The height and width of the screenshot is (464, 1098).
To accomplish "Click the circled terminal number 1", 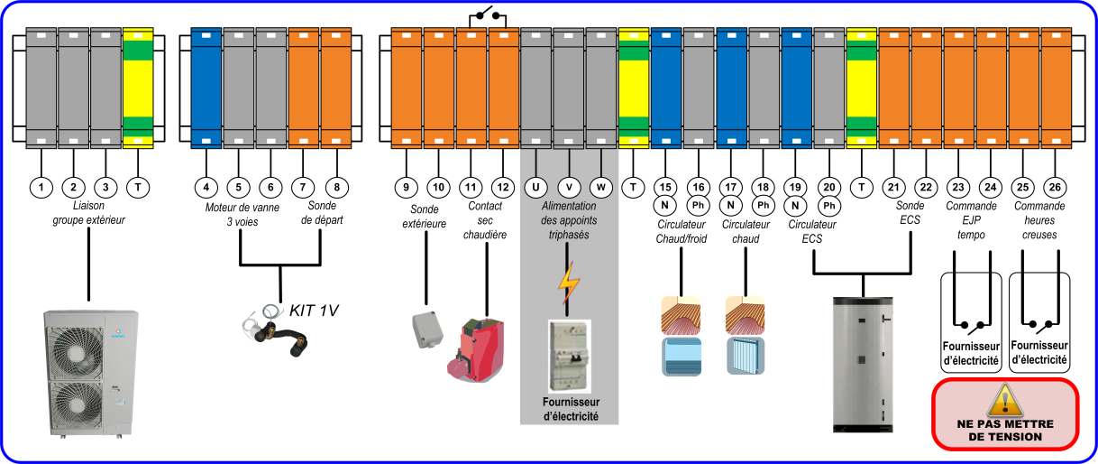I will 41,187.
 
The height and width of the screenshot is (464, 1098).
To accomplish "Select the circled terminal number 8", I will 336,187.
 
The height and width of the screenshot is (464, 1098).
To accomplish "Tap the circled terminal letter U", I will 535,187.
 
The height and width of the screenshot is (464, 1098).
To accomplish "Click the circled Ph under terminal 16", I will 698,206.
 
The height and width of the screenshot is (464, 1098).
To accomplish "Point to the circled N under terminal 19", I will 795,206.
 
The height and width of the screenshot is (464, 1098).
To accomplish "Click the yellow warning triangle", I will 1004,401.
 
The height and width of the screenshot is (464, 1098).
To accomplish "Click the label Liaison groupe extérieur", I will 88,212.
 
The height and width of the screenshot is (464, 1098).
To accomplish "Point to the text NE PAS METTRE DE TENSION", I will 1004,430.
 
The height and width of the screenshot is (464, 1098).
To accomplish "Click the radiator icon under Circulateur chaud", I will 746,355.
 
